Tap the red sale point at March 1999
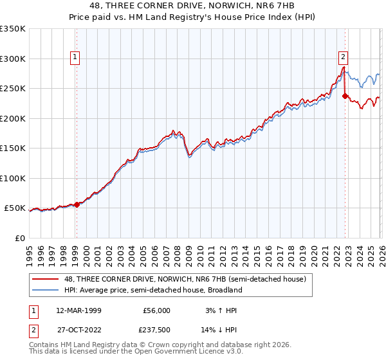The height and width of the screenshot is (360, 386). point(77,204)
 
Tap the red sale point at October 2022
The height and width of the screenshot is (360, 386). point(345,96)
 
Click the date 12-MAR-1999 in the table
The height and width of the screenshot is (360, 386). point(78,310)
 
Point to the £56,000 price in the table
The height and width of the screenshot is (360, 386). point(156,310)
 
